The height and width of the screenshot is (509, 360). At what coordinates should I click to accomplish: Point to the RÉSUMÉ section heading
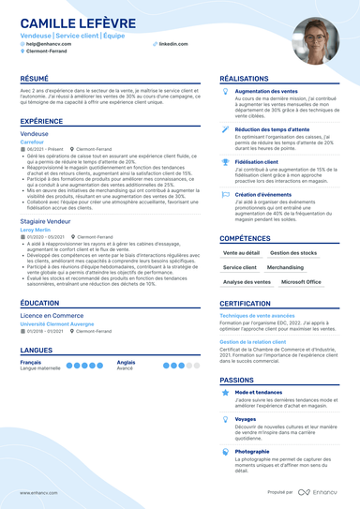pos(35,79)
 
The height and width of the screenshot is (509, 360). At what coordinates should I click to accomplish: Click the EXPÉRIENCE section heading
pos(42,122)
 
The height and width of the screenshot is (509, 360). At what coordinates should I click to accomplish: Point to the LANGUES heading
pos(36,350)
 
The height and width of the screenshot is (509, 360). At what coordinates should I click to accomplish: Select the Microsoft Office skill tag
pos(301,281)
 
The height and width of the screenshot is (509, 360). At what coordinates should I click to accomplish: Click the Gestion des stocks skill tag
pos(293,253)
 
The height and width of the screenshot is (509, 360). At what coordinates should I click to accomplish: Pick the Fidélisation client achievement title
pos(263,161)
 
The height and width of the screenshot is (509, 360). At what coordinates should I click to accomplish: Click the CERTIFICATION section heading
pos(253,304)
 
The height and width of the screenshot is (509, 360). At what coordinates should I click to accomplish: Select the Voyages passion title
pos(246,419)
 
